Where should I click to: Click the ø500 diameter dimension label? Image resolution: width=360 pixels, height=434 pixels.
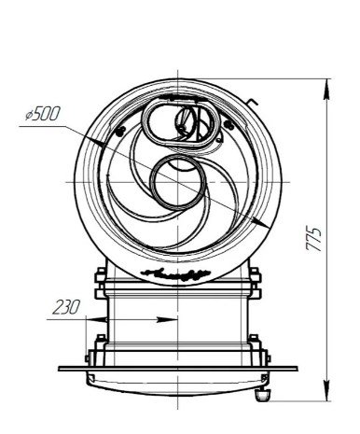click(x=42, y=114)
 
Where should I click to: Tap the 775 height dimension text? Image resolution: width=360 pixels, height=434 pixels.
click(x=313, y=239)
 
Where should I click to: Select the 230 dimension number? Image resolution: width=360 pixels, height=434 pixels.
click(x=66, y=307)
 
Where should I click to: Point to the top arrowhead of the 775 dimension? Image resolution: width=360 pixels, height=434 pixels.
click(x=326, y=90)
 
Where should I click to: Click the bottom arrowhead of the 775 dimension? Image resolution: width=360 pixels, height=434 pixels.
click(x=326, y=390)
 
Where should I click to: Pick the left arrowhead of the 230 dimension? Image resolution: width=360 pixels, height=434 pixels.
click(x=96, y=319)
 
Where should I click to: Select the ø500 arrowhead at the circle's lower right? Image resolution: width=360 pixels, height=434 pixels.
click(x=260, y=222)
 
